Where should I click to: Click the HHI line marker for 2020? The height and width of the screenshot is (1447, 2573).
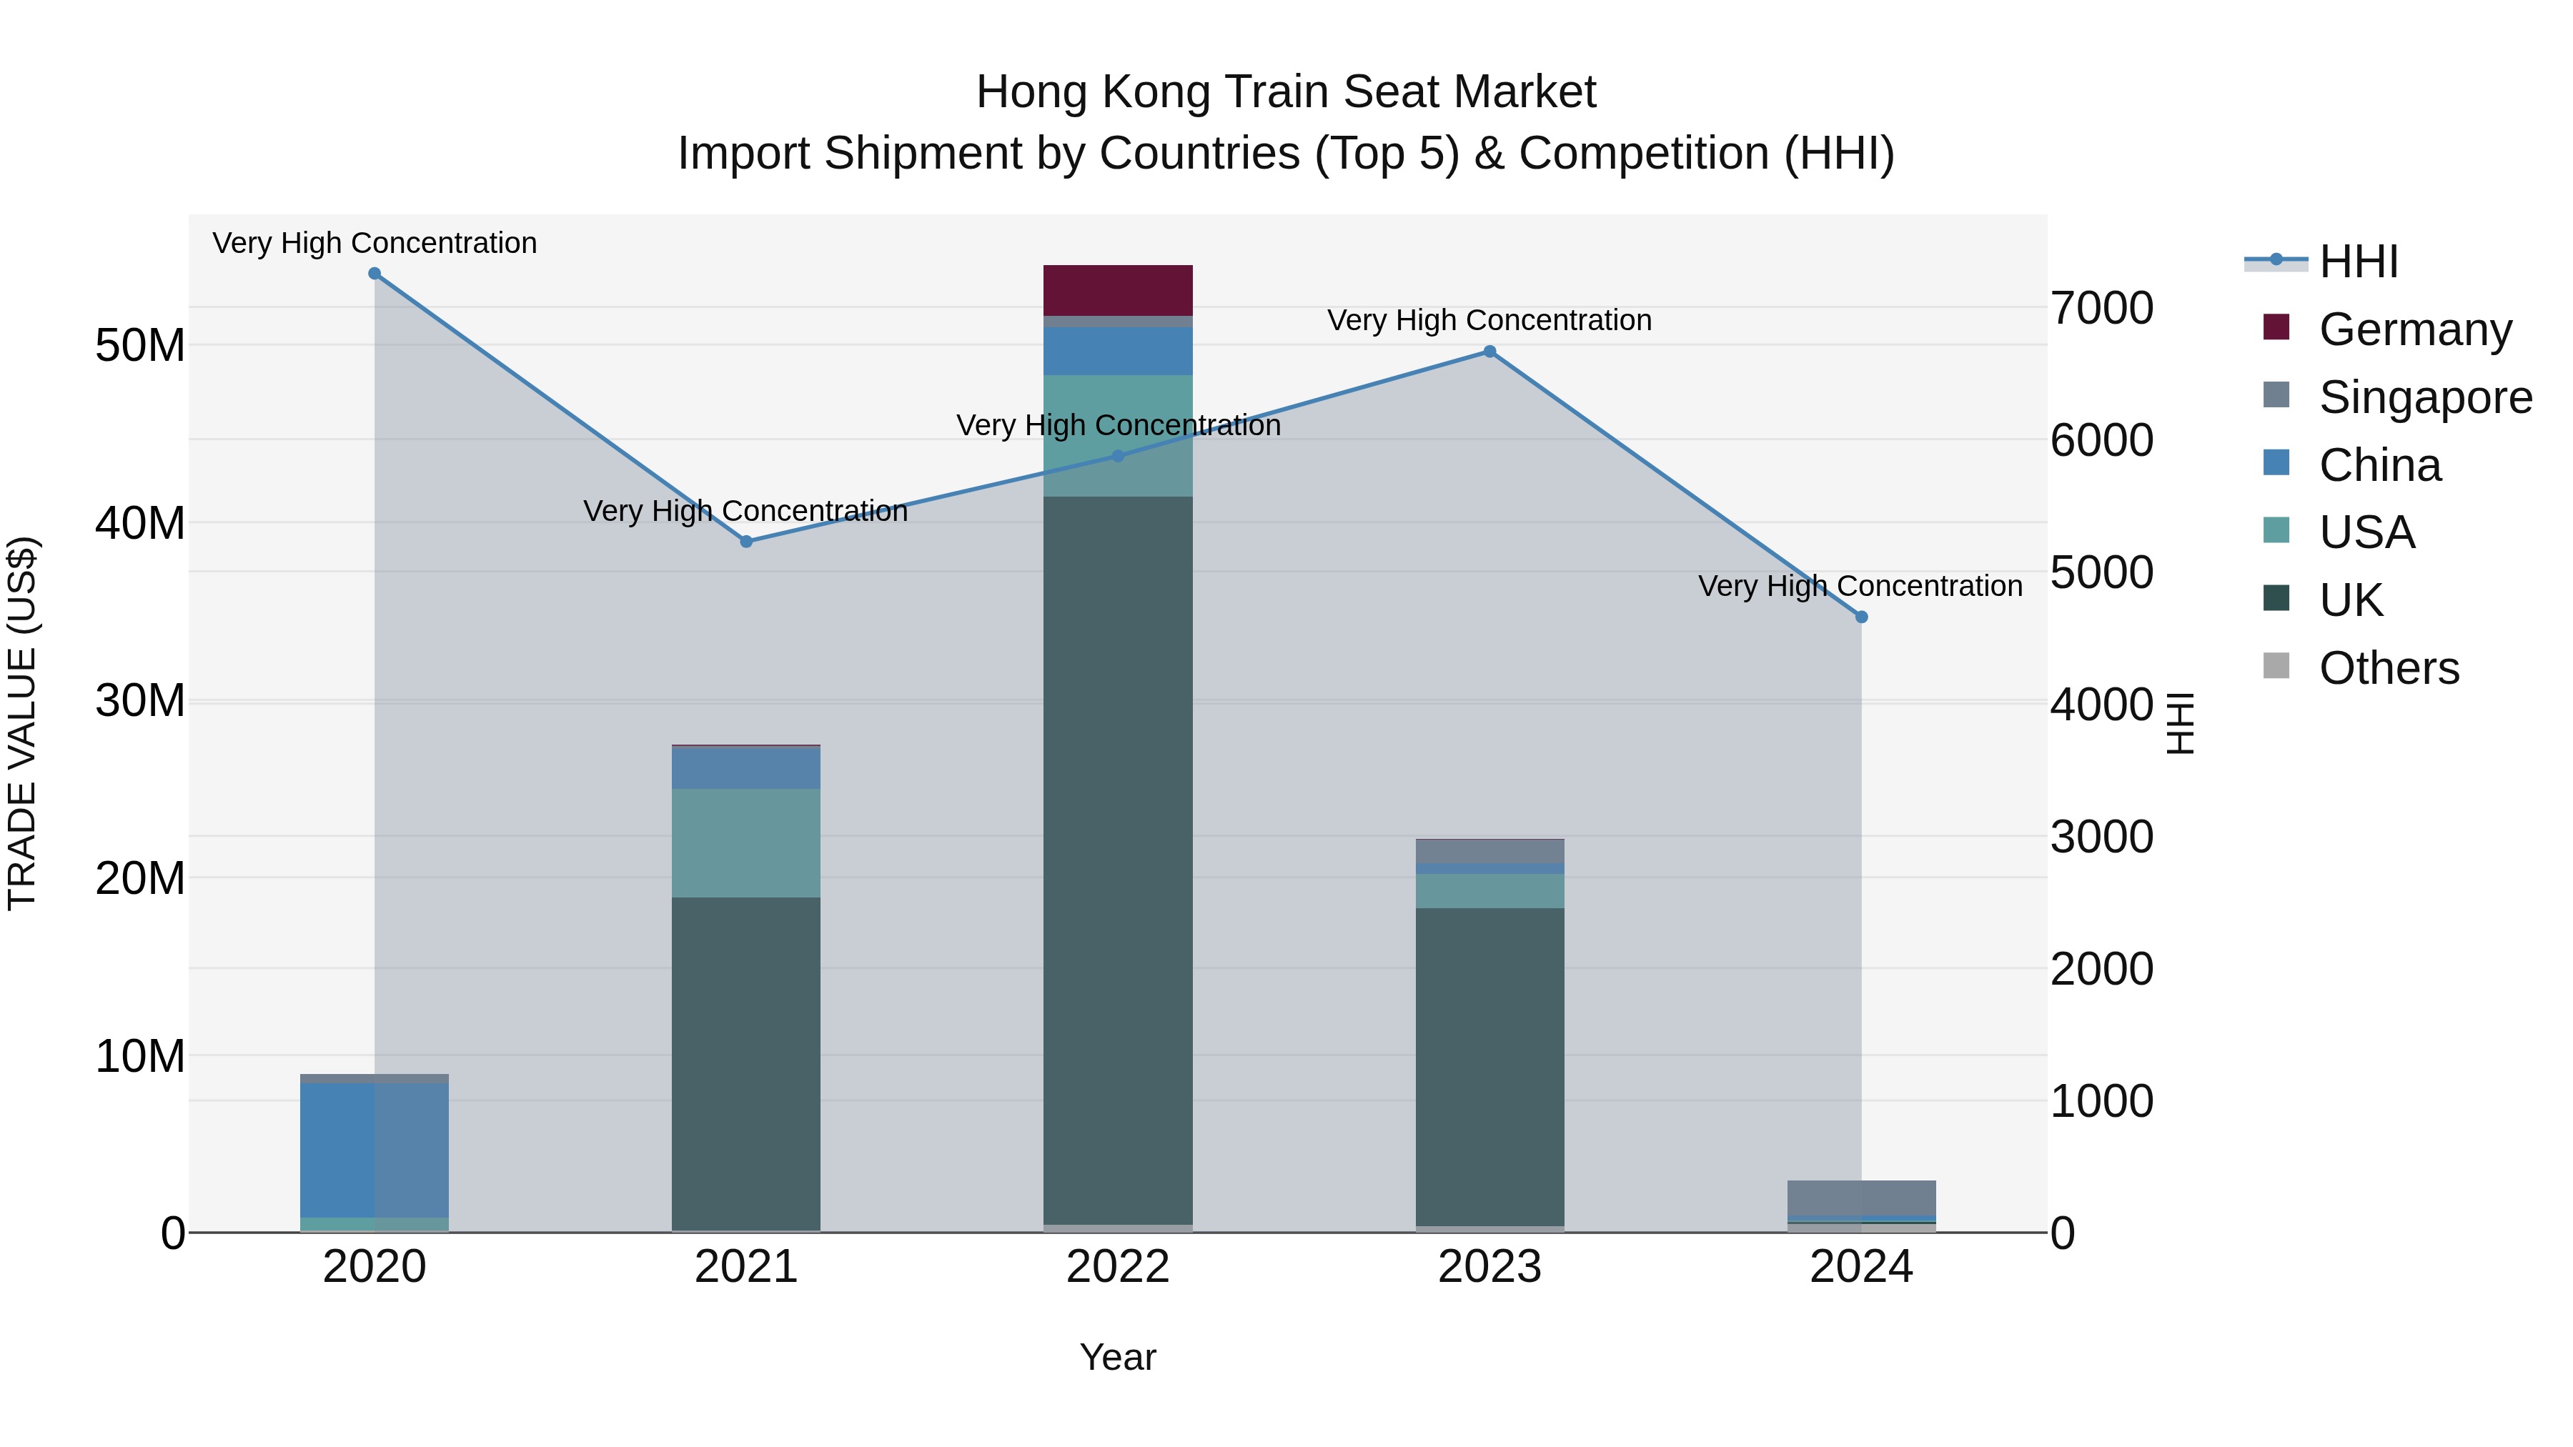click(x=375, y=274)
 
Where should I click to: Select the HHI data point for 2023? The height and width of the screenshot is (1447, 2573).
click(x=1489, y=352)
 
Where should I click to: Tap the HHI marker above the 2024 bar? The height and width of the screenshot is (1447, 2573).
click(x=1862, y=617)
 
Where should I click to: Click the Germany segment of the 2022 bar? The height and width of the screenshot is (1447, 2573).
click(x=1118, y=291)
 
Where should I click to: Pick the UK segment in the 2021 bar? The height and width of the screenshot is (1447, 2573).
click(x=746, y=1063)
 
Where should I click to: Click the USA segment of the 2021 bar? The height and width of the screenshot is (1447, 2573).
click(x=746, y=843)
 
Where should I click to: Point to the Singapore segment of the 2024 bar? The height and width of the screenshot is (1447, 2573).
click(x=1862, y=1198)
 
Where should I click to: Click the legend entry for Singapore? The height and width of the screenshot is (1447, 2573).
click(x=2424, y=397)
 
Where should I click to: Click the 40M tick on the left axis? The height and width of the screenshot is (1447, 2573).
click(x=140, y=523)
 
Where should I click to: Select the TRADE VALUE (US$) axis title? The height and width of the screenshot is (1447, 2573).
click(x=22, y=723)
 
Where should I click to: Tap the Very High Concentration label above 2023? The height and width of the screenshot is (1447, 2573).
click(x=1489, y=321)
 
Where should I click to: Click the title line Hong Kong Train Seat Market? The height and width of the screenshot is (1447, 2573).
click(x=1286, y=92)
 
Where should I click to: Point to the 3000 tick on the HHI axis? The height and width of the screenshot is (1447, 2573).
click(x=2101, y=837)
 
